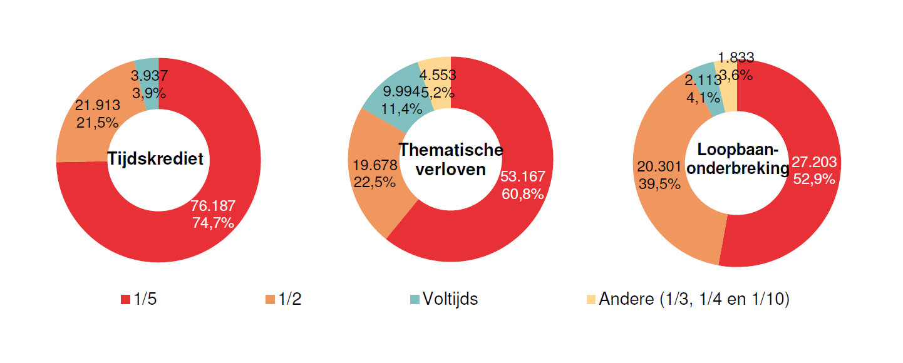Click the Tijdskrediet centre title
pyautogui.click(x=155, y=159)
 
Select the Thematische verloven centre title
pyautogui.click(x=451, y=160)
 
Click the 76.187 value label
pyautogui.click(x=213, y=207)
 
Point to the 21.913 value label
pyautogui.click(x=97, y=105)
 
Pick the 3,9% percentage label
pyautogui.click(x=149, y=93)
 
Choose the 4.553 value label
pyautogui.click(x=437, y=75)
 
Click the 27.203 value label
pyautogui.click(x=814, y=162)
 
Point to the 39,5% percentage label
pyautogui.click(x=659, y=183)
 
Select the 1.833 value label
pyautogui.click(x=736, y=58)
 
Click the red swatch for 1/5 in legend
pyautogui.click(x=125, y=300)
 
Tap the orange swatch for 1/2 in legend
pyautogui.click(x=270, y=300)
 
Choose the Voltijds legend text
pyautogui.click(x=450, y=299)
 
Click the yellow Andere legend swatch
pyautogui.click(x=591, y=300)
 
